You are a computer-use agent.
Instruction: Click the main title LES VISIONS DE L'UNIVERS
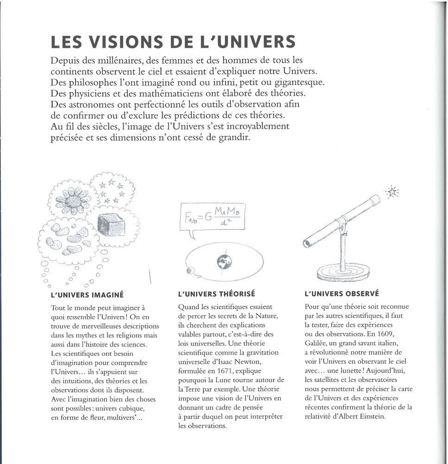coord(173,42)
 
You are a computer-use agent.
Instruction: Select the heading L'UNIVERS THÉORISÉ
coord(216,294)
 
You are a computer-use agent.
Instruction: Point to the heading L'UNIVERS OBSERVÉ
coord(342,293)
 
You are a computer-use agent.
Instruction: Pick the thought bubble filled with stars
coord(112,190)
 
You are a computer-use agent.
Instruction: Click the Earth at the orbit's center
coord(224,262)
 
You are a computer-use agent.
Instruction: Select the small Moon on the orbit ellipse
coord(189,271)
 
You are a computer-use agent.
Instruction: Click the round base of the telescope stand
coord(343,272)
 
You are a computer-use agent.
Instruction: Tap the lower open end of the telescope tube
coord(307,243)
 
